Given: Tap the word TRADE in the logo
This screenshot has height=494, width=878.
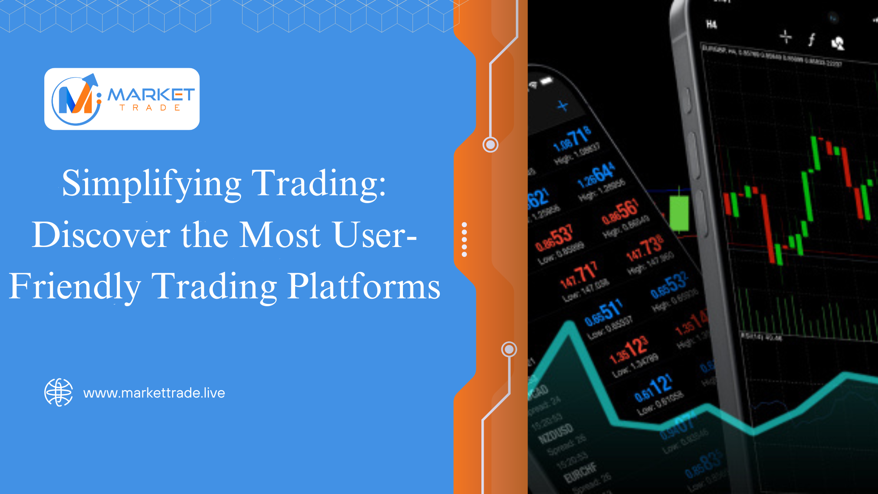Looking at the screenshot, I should (x=150, y=108).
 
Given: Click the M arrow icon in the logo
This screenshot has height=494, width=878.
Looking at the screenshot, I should (x=76, y=99).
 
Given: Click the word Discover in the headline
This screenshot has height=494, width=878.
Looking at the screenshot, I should (x=101, y=235).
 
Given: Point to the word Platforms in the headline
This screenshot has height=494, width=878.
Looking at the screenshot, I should (x=364, y=286).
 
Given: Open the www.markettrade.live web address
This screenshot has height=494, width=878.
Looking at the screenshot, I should (x=154, y=393).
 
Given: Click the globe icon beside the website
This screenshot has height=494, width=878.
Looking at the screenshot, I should (x=59, y=392).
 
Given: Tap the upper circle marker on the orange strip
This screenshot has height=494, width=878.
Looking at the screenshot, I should (x=490, y=145).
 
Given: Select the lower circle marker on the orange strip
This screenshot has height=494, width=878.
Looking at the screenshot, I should (x=509, y=349).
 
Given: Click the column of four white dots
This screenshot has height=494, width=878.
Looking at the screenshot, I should (x=464, y=240).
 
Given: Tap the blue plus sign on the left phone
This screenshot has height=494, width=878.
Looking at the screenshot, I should (x=563, y=105).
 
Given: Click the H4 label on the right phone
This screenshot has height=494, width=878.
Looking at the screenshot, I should (x=711, y=25).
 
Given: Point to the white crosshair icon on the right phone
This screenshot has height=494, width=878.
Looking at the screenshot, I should (x=785, y=37).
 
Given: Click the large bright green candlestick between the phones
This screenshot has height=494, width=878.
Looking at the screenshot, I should (x=679, y=213).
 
